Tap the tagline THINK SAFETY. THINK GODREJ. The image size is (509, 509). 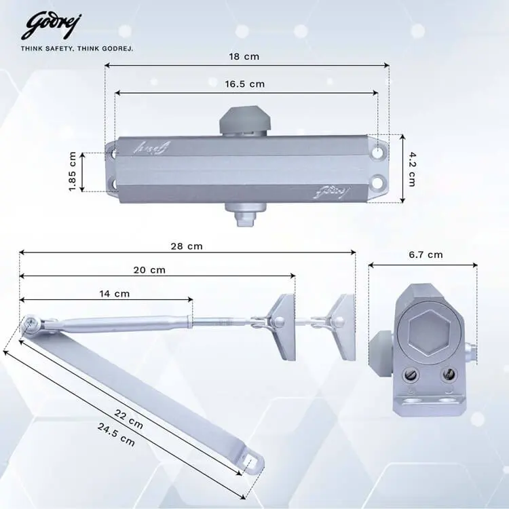pyautogui.click(x=77, y=49)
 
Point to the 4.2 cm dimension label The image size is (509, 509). pyautogui.click(x=412, y=168)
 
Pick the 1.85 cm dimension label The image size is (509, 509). pyautogui.click(x=73, y=171)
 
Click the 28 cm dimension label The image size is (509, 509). pyautogui.click(x=186, y=246)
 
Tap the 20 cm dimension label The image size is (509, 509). pyautogui.click(x=149, y=269)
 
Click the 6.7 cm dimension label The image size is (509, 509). pyautogui.click(x=426, y=255)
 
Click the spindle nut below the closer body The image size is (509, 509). pyautogui.click(x=243, y=219)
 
